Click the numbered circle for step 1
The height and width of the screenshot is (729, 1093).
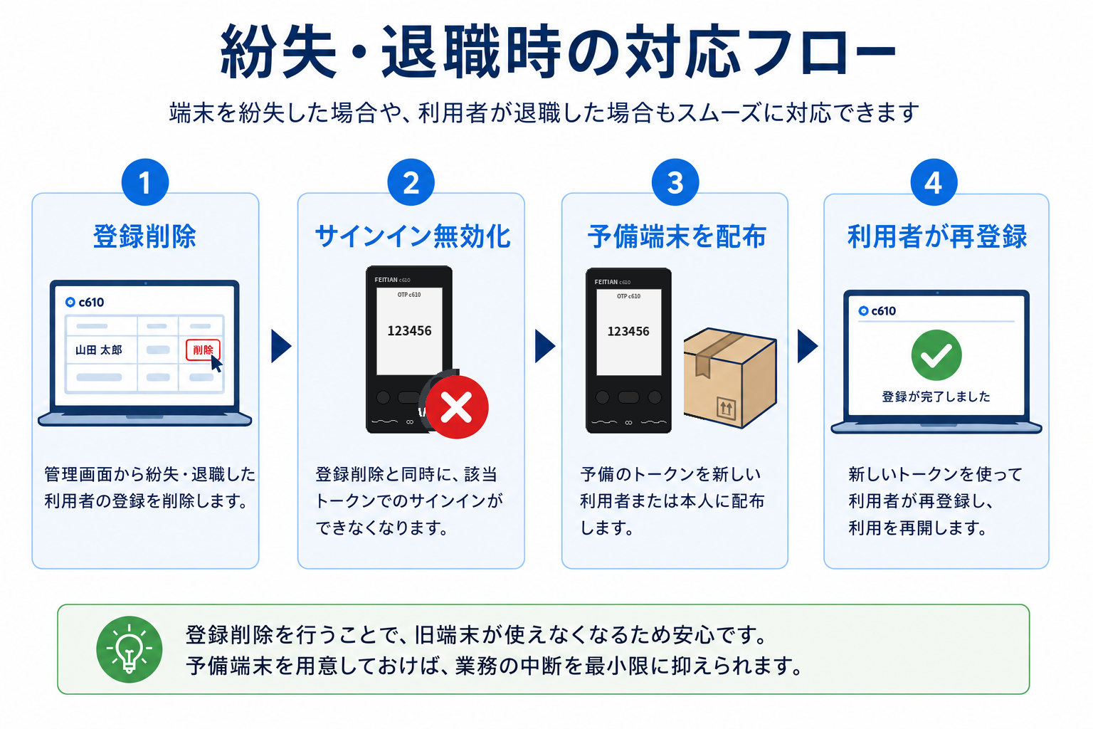coord(145,182)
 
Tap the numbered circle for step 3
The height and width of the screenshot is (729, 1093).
coord(675,182)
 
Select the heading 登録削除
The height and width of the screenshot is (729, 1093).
coord(145,237)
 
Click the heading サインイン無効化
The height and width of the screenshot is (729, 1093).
coord(413,237)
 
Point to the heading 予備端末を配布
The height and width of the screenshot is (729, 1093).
coord(677,237)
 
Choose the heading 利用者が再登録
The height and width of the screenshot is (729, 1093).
coord(937,237)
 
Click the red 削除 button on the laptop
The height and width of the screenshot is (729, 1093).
coord(203,350)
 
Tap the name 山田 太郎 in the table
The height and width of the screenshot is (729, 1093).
coord(99,350)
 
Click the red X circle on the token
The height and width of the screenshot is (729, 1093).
coord(457,407)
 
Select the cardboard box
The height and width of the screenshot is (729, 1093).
coord(730,377)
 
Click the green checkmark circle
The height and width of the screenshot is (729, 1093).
coord(936,355)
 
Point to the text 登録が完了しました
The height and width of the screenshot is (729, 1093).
coord(936,397)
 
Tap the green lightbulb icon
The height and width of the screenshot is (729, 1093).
coord(130,649)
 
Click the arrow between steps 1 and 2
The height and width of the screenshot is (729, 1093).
coord(280,346)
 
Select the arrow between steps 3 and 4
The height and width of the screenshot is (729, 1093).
coord(807,346)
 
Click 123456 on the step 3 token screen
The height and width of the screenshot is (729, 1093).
coord(628,332)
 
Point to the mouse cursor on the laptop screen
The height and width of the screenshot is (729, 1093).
coord(216,364)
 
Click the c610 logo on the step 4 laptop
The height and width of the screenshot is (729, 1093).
coord(877,311)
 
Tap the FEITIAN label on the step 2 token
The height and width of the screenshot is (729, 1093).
coord(386,280)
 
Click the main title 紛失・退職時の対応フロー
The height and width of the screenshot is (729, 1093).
coord(558,51)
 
